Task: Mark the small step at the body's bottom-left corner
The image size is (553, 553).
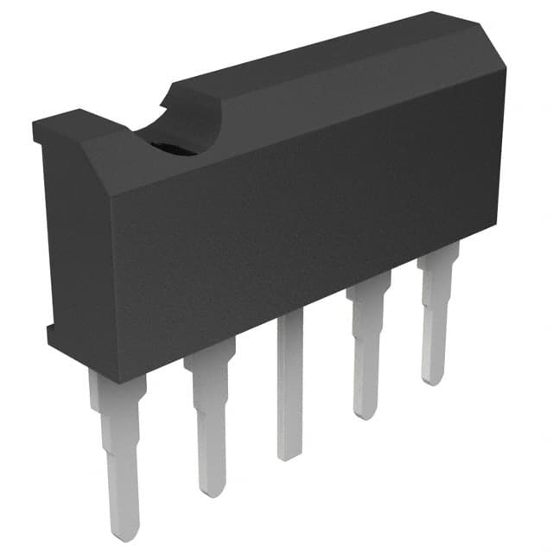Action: [49, 333]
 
